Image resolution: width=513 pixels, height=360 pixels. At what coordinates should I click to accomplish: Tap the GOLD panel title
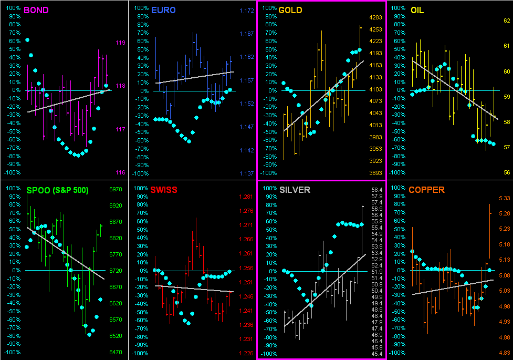click(x=290, y=10)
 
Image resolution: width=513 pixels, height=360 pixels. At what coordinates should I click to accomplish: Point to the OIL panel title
click(x=417, y=10)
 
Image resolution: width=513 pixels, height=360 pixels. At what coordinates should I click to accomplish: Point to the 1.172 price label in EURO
click(x=247, y=11)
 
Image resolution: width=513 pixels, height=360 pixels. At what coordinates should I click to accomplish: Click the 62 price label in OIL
click(x=507, y=20)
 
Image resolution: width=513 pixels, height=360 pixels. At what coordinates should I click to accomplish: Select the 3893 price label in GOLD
click(x=375, y=173)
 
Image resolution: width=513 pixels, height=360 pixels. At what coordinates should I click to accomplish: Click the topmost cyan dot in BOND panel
click(x=27, y=40)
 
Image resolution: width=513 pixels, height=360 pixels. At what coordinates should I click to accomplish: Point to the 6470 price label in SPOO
click(x=115, y=352)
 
